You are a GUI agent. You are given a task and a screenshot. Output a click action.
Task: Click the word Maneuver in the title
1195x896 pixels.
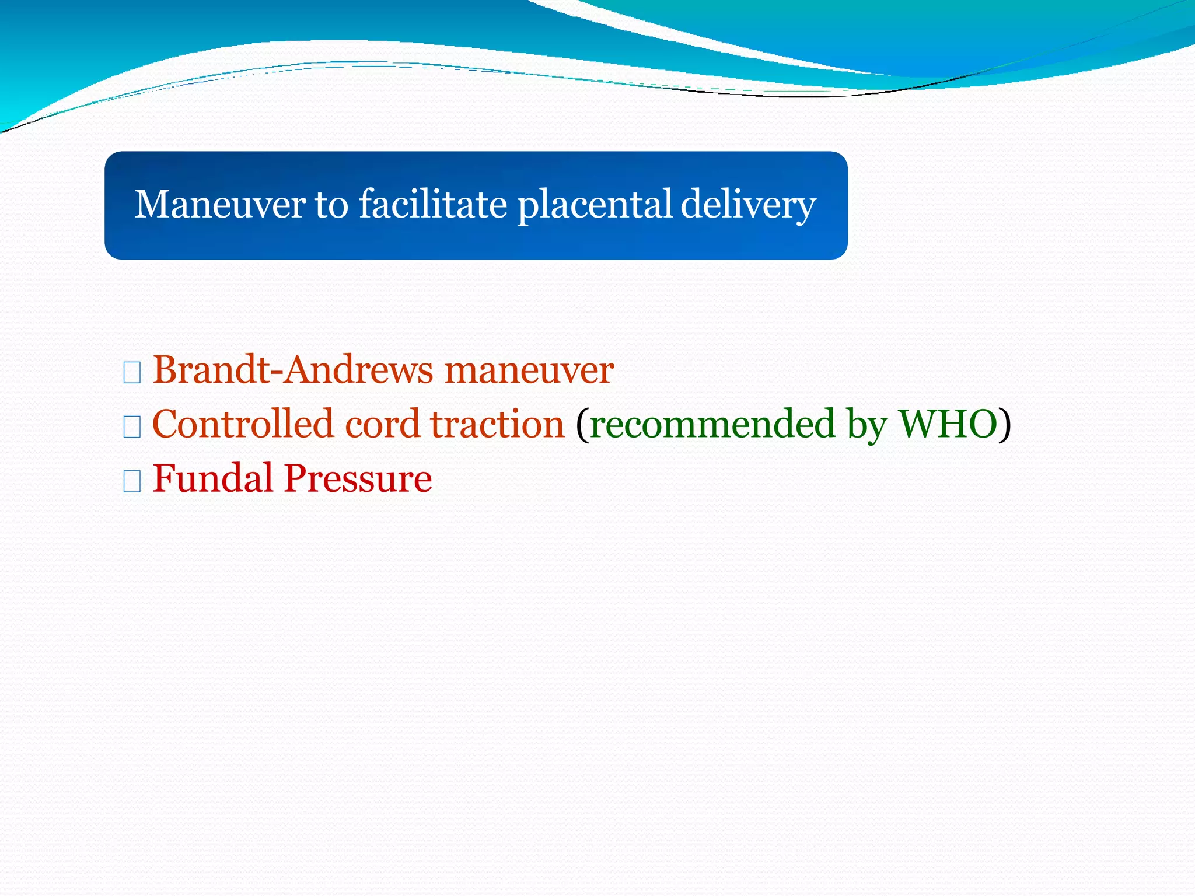[x=219, y=205]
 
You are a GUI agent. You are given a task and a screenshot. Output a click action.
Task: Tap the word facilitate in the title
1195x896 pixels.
[x=432, y=205]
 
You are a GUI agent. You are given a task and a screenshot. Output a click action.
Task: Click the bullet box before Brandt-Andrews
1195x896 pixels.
[x=132, y=372]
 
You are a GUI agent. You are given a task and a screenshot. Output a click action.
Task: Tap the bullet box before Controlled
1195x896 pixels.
[x=132, y=427]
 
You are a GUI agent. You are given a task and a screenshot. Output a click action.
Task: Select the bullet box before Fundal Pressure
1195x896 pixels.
[x=132, y=481]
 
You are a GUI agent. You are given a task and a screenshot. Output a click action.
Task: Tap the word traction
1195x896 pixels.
[x=497, y=424]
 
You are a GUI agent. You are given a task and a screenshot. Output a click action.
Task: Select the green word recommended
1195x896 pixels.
[x=712, y=424]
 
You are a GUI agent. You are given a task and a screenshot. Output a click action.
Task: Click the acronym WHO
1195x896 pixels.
[x=948, y=424]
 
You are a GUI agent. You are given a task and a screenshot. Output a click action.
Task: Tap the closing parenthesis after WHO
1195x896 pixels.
[x=1005, y=425]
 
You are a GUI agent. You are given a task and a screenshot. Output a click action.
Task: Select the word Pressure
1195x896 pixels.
[x=358, y=479]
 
